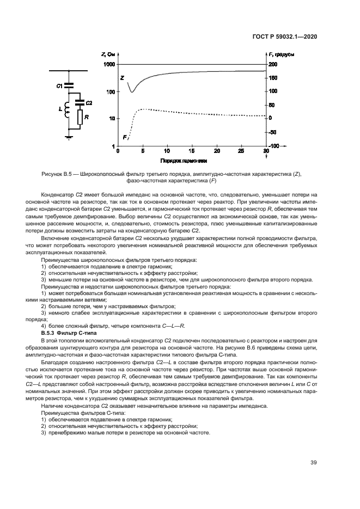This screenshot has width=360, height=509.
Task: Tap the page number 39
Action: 314,463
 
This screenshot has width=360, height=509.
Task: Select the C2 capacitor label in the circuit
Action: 89,102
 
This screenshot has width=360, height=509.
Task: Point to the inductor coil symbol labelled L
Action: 68,109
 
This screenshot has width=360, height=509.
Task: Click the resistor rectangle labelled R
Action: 80,117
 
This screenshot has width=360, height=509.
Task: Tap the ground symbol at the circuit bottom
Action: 69,137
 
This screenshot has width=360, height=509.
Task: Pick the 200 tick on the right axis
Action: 273,64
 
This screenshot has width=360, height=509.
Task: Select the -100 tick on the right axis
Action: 273,146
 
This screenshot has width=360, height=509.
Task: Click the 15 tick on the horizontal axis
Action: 192,151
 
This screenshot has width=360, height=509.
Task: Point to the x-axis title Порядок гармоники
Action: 184,162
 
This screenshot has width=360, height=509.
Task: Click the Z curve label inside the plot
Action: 121,78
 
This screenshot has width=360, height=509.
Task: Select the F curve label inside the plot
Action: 125,137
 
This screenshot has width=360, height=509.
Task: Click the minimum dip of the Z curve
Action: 132,92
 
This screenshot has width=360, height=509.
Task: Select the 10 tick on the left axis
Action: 111,119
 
